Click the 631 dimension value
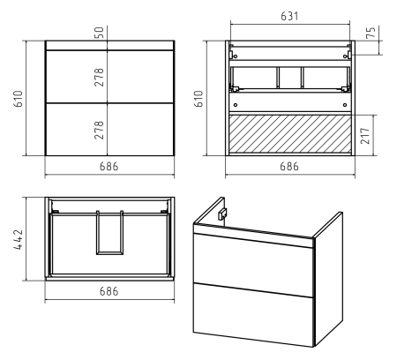click(289, 16)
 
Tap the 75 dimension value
click(371, 33)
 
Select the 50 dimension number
click(100, 33)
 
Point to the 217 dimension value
click(365, 136)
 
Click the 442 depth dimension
click(19, 239)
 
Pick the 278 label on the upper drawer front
click(100, 77)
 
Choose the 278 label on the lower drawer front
click(100, 130)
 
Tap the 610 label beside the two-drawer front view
click(19, 99)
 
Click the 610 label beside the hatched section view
click(198, 99)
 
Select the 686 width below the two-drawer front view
click(109, 167)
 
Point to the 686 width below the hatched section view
click(289, 167)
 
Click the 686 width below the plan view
click(109, 291)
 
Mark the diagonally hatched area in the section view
click(290, 134)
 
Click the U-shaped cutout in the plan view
click(109, 252)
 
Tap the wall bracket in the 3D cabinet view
click(222, 214)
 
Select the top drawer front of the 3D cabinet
click(253, 265)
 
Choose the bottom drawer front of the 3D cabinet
click(253, 315)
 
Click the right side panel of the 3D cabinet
click(328, 280)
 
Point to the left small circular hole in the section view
click(236, 105)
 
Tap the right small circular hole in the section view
click(345, 105)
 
